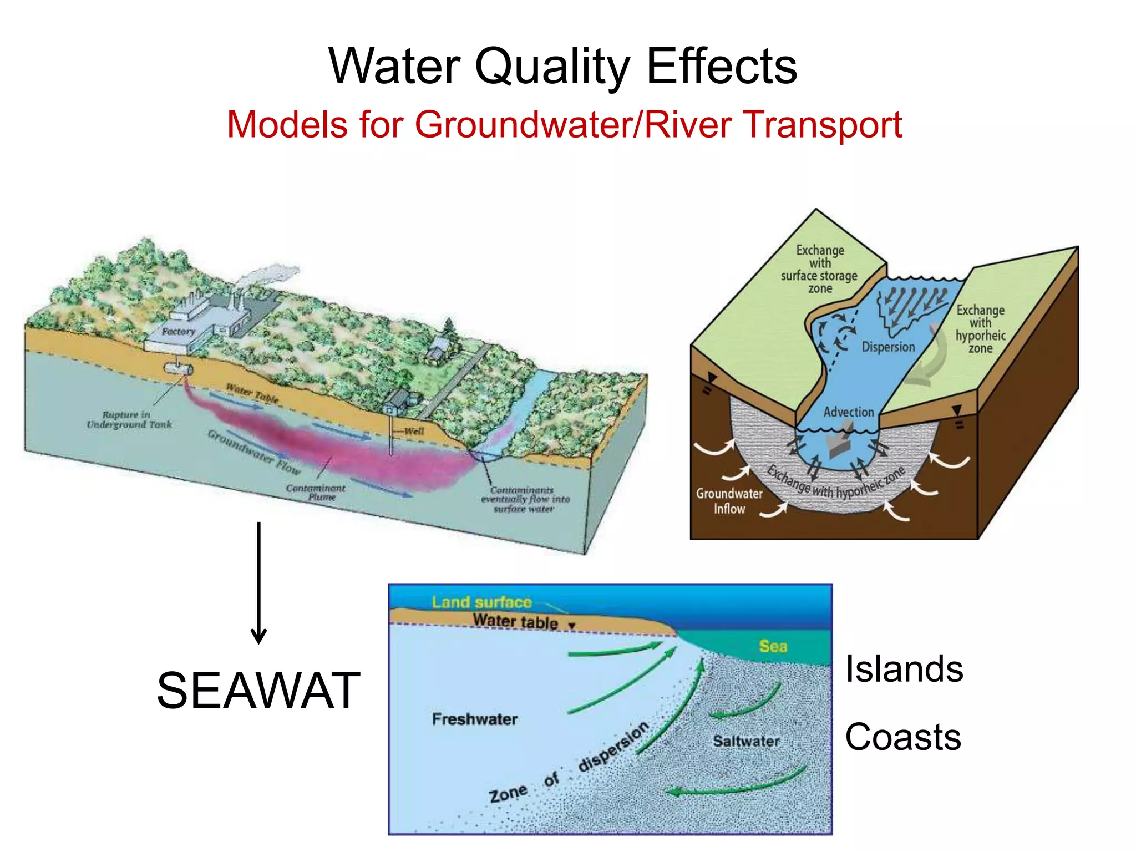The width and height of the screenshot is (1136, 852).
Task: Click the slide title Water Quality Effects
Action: (x=562, y=67)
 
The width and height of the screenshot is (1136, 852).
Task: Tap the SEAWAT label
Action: (x=258, y=691)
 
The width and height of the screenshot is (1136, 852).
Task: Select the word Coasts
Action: (x=903, y=737)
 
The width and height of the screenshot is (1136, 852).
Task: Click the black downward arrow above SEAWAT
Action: (x=258, y=582)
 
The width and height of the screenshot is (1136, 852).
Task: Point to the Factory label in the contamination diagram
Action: (x=179, y=332)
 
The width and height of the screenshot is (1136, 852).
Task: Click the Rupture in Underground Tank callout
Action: (x=129, y=419)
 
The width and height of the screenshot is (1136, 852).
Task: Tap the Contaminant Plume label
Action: (x=316, y=492)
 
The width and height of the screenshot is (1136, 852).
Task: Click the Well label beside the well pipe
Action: (x=414, y=431)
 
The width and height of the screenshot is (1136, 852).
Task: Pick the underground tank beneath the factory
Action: (x=178, y=368)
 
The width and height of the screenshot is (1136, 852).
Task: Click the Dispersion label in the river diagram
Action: (x=888, y=347)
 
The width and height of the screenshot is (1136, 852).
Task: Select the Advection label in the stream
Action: (x=848, y=412)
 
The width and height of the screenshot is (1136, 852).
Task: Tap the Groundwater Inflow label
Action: (x=729, y=501)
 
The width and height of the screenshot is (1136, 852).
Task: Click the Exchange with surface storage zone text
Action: (x=819, y=269)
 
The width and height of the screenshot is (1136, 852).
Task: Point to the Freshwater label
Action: (x=474, y=719)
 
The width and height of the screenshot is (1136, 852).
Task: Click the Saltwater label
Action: (x=746, y=741)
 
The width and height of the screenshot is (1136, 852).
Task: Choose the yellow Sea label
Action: (x=773, y=646)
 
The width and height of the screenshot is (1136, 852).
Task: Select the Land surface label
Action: (x=481, y=602)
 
